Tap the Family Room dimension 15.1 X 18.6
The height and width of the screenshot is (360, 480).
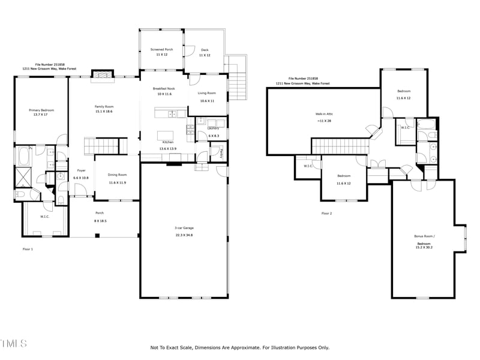104,112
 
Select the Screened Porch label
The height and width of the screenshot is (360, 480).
161,50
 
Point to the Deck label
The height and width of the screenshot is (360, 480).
205,50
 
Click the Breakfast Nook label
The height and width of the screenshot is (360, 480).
164,88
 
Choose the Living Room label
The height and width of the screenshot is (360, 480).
207,93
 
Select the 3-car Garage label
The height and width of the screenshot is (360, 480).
184,228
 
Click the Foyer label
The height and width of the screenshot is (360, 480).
80,170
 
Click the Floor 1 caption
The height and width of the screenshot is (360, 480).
28,249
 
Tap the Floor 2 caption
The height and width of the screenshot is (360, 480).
326,214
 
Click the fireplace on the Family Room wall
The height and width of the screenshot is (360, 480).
101,74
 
